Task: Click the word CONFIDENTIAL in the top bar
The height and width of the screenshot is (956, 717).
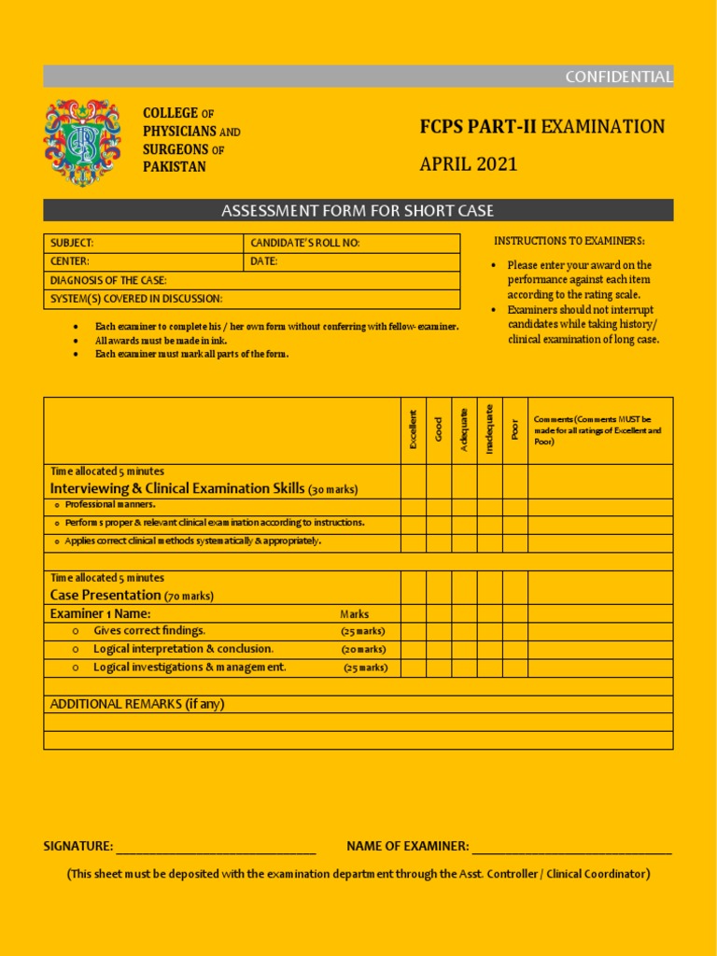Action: click(618, 77)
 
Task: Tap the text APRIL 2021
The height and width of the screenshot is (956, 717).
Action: click(468, 165)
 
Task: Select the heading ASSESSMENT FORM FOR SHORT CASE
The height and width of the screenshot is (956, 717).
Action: click(358, 211)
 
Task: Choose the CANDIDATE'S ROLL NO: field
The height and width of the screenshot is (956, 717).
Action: click(352, 243)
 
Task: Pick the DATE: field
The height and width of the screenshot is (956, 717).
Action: click(352, 261)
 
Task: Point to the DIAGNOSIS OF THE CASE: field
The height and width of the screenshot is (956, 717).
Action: click(252, 280)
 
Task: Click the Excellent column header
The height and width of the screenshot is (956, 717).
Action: click(414, 430)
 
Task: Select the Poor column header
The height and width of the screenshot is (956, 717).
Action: click(515, 430)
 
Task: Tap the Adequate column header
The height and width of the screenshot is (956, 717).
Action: click(464, 430)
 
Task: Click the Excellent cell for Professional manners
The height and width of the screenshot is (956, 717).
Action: click(414, 507)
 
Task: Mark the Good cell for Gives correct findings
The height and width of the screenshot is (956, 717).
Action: click(439, 631)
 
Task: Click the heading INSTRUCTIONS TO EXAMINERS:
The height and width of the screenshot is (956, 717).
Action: click(569, 242)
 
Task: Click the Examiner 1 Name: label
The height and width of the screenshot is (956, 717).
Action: click(100, 613)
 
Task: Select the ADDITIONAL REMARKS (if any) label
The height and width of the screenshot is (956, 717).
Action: click(137, 704)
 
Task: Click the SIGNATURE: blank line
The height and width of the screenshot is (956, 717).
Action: click(216, 848)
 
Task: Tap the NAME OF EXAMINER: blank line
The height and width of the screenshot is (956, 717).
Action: click(571, 848)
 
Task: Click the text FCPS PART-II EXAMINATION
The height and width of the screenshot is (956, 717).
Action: click(542, 127)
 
